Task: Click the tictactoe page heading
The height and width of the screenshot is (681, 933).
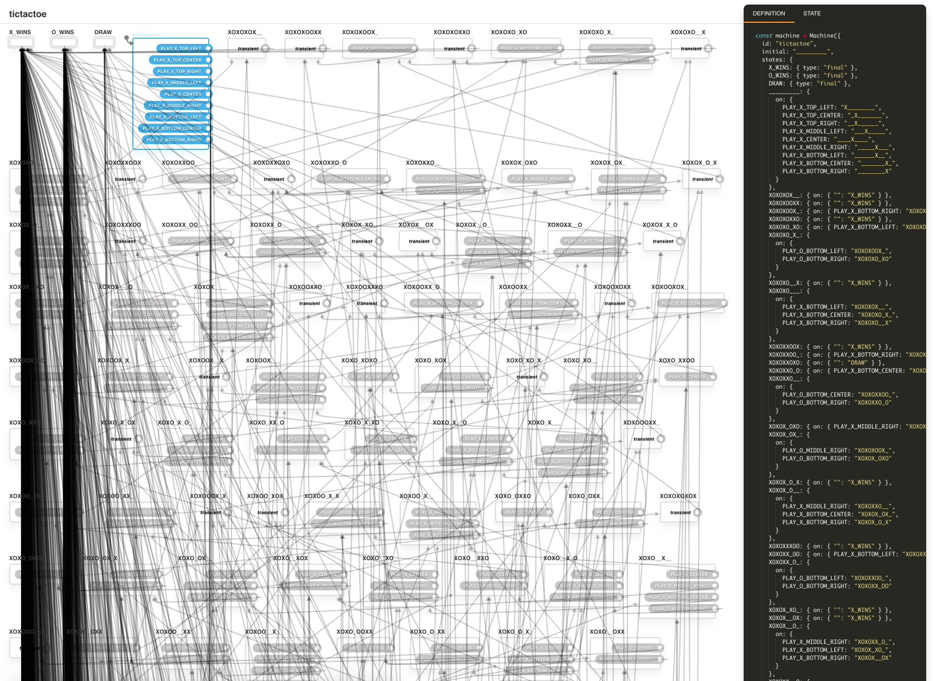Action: pyautogui.click(x=27, y=14)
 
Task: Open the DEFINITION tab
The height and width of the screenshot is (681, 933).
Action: pyautogui.click(x=768, y=14)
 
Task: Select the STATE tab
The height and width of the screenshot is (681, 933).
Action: pyautogui.click(x=812, y=14)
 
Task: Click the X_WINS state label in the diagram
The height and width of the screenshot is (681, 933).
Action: pyautogui.click(x=20, y=32)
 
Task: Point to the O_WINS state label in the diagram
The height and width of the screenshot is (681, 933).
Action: pyautogui.click(x=63, y=32)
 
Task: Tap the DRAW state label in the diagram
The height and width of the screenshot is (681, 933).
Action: pyautogui.click(x=103, y=32)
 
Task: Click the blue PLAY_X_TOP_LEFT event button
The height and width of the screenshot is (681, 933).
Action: pyautogui.click(x=181, y=49)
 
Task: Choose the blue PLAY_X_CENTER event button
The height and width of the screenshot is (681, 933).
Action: pyautogui.click(x=182, y=95)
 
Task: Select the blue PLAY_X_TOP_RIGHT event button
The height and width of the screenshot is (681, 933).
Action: pyautogui.click(x=179, y=72)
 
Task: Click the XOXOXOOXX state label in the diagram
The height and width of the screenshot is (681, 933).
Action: pyautogui.click(x=303, y=32)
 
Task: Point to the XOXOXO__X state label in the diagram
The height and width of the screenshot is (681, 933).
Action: pyautogui.click(x=688, y=32)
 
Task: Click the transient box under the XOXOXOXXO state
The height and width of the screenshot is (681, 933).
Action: pyautogui.click(x=455, y=49)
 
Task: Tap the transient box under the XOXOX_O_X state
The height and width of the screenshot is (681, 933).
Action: pyautogui.click(x=703, y=180)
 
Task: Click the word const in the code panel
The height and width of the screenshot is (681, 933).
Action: pyautogui.click(x=764, y=36)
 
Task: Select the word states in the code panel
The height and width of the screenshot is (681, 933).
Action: pyautogui.click(x=772, y=60)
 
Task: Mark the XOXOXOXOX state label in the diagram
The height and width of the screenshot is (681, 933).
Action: pyautogui.click(x=678, y=496)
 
